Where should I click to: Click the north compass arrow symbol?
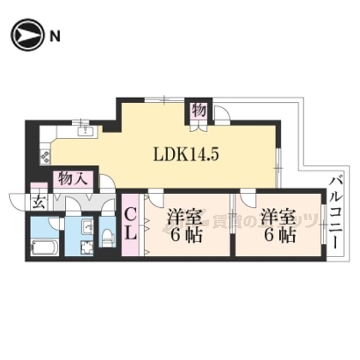point(27,35)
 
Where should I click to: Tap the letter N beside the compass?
point(55,36)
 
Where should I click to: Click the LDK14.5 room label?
point(186,154)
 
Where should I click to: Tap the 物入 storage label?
point(73,178)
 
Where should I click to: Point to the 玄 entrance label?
point(39,202)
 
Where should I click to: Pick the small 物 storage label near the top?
point(199,110)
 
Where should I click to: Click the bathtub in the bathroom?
point(45,246)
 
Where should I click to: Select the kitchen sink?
point(86,131)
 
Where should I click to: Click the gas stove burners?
point(45,156)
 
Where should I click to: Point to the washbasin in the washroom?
point(87,227)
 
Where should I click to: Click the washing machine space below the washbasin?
point(87,247)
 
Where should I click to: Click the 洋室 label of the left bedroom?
point(185,217)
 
